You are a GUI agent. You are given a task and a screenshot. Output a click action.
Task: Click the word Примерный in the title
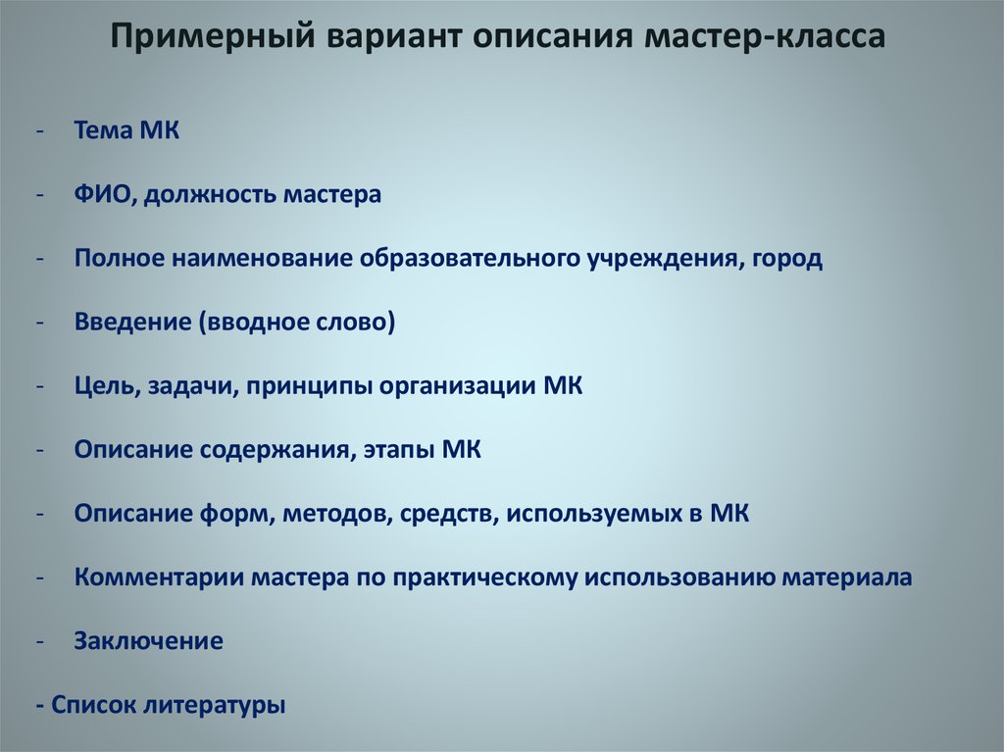pyautogui.click(x=213, y=36)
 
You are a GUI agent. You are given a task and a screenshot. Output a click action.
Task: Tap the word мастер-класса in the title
pyautogui.click(x=765, y=36)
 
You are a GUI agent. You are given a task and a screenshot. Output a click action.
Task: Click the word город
pyautogui.click(x=787, y=259)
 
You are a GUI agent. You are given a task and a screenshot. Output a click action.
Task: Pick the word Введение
pyautogui.click(x=132, y=322)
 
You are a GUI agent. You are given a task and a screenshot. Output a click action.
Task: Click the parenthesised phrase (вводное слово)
pyautogui.click(x=296, y=323)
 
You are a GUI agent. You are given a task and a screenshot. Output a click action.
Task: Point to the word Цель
pyautogui.click(x=107, y=386)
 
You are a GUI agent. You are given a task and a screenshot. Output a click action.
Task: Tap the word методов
pyautogui.click(x=337, y=514)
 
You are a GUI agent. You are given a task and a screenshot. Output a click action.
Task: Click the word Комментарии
pyautogui.click(x=159, y=577)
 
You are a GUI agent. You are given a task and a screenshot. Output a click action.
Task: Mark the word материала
pyautogui.click(x=846, y=577)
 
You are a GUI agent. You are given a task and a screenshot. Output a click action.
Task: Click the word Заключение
pyautogui.click(x=149, y=641)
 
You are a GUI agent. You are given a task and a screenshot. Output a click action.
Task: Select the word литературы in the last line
pyautogui.click(x=214, y=706)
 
